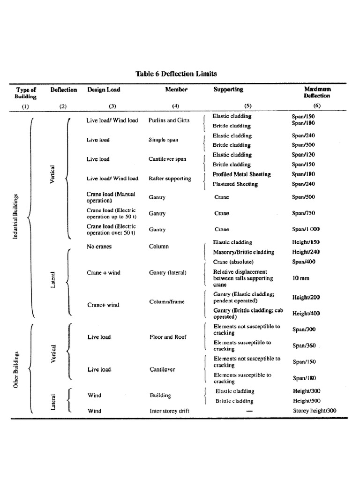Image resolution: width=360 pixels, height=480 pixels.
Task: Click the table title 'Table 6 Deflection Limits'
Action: [176, 74]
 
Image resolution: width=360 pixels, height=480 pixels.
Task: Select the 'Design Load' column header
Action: [103, 90]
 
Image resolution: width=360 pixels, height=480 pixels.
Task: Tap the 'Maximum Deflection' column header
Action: [317, 92]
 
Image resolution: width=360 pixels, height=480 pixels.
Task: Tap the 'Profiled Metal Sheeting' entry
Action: [242, 174]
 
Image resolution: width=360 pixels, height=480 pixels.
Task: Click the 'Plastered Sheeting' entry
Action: [235, 184]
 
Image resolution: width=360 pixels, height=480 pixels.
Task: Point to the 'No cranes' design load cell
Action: [99, 247]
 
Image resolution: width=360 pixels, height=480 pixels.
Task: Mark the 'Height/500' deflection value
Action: [307, 401]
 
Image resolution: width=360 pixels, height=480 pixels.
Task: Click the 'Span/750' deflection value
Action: [303, 213]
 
